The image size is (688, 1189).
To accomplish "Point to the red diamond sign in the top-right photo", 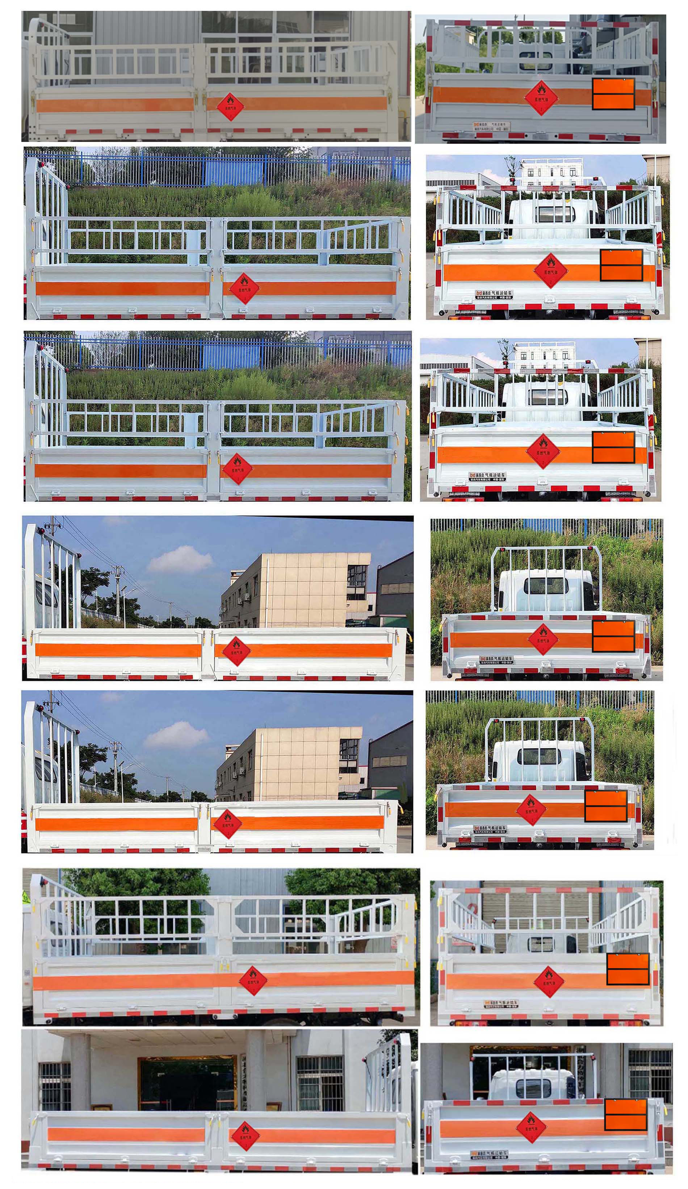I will (x=541, y=98).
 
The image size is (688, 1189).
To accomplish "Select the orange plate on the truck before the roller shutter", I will (x=627, y=969).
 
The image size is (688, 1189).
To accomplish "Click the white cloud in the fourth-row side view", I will (x=180, y=560).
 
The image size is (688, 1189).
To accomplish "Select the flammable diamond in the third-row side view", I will (x=237, y=468).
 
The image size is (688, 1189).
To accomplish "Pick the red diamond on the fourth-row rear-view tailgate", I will (x=543, y=639).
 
